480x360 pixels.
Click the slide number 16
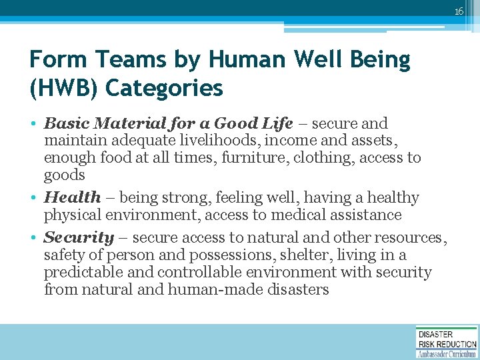point(459,11)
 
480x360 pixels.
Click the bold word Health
point(72,197)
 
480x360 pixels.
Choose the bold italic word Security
point(79,237)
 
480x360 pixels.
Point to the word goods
point(64,175)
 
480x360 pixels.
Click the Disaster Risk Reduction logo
point(446,342)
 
